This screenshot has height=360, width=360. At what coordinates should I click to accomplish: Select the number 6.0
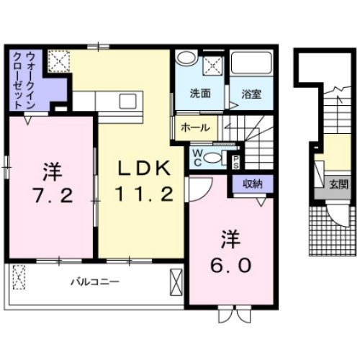[232, 265]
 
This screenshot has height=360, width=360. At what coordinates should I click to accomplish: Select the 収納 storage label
[252, 184]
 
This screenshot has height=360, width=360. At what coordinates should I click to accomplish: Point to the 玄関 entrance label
[338, 184]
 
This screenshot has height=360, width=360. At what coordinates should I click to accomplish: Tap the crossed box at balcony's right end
[176, 282]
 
